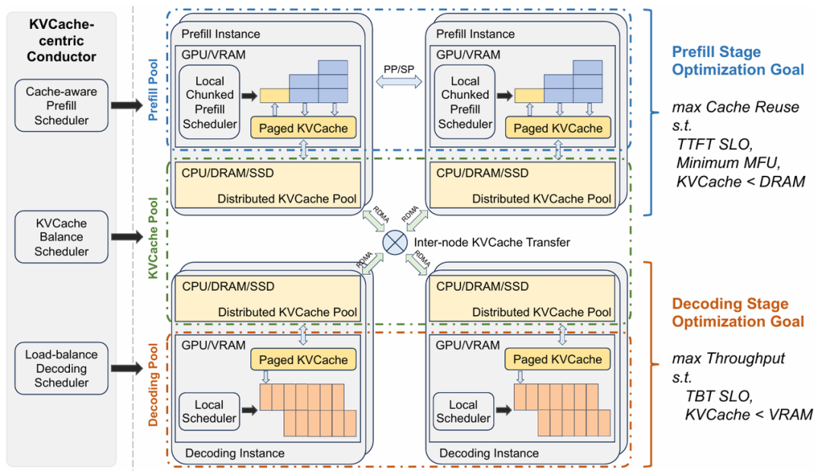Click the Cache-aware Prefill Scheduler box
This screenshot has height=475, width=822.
click(62, 105)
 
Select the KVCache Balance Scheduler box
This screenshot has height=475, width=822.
click(62, 237)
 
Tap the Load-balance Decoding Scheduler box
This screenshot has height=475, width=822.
click(62, 368)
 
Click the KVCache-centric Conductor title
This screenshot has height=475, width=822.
click(62, 40)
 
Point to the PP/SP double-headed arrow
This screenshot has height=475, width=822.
click(399, 81)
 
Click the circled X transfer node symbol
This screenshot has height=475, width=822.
click(395, 242)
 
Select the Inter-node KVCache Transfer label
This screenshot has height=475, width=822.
click(492, 242)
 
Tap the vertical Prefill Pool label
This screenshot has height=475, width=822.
click(153, 90)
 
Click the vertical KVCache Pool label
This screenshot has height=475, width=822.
click(153, 237)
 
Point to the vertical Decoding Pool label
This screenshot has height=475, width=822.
click(153, 384)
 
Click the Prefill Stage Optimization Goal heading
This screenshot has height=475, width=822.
click(738, 60)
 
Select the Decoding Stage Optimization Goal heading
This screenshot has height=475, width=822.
click(738, 312)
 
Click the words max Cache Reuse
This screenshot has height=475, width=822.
click(735, 107)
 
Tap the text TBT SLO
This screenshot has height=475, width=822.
click(718, 396)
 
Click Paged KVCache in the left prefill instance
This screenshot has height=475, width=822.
click(304, 128)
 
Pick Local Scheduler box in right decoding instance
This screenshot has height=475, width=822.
click(464, 412)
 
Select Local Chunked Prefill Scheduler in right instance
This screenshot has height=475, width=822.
click(465, 102)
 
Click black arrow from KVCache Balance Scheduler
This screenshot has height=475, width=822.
click(127, 237)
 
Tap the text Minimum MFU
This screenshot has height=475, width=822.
click(728, 163)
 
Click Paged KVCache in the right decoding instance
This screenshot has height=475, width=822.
click(557, 359)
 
